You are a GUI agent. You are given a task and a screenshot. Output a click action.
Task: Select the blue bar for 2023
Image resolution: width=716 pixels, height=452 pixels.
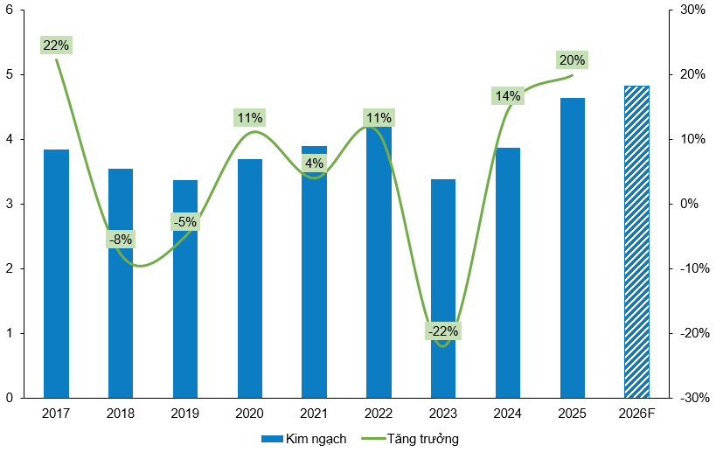tap(443, 289)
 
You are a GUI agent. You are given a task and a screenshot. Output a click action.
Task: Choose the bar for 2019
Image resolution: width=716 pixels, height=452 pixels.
tap(185, 289)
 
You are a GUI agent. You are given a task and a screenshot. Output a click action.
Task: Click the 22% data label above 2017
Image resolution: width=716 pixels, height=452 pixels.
tap(55, 45)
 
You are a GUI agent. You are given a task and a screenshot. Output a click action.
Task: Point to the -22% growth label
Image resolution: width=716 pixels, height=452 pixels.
tap(443, 331)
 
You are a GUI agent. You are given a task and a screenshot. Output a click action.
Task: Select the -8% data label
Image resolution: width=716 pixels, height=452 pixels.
tap(120, 239)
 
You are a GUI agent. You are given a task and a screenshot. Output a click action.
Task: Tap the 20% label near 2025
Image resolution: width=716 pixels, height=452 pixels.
tap(572, 60)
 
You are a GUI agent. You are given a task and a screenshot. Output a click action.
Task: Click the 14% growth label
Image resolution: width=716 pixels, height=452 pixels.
tap(507, 96)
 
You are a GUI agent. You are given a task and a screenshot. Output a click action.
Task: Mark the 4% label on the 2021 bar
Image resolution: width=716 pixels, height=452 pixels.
tap(314, 163)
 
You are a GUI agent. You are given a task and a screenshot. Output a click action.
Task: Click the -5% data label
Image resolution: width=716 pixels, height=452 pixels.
tap(184, 222)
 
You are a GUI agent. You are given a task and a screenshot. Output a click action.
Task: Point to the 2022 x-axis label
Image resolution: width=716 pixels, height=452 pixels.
tap(379, 413)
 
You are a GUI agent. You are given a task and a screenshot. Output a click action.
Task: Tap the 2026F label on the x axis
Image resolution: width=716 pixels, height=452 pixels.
tap(636, 413)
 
